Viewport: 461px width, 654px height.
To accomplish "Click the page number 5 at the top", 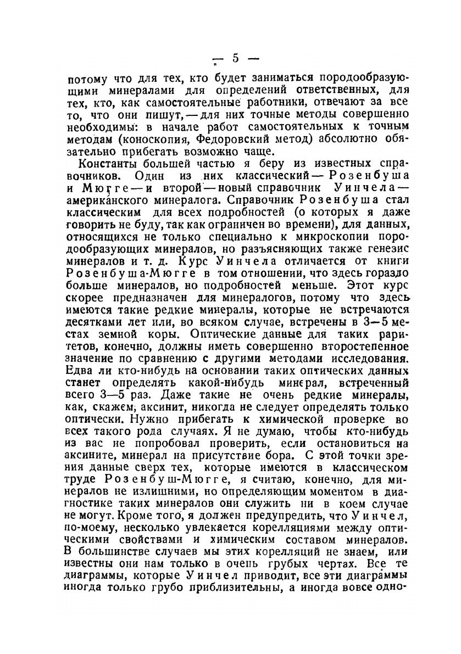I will point(235,58).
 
